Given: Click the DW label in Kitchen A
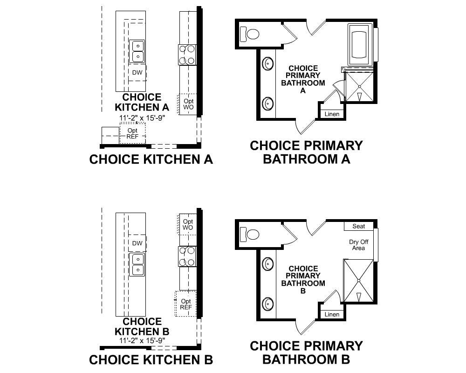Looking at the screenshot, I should pyautogui.click(x=137, y=73).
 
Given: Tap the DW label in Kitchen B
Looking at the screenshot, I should pyautogui.click(x=137, y=243).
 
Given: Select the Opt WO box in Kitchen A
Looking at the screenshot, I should pyautogui.click(x=188, y=104).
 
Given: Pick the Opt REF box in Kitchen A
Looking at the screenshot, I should pyautogui.click(x=132, y=133).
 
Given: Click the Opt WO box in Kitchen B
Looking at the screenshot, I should pyautogui.click(x=188, y=224).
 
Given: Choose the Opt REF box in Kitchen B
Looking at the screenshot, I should pyautogui.click(x=185, y=304).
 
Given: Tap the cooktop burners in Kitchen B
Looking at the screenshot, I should pyautogui.click(x=187, y=256).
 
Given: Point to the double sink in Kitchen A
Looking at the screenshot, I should pyautogui.click(x=137, y=51).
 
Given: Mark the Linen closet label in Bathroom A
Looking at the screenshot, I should pyautogui.click(x=332, y=114).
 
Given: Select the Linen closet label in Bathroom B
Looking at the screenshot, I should pyautogui.click(x=332, y=315).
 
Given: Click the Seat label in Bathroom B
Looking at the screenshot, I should pyautogui.click(x=358, y=226).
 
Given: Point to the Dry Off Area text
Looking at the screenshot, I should pyautogui.click(x=358, y=245).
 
